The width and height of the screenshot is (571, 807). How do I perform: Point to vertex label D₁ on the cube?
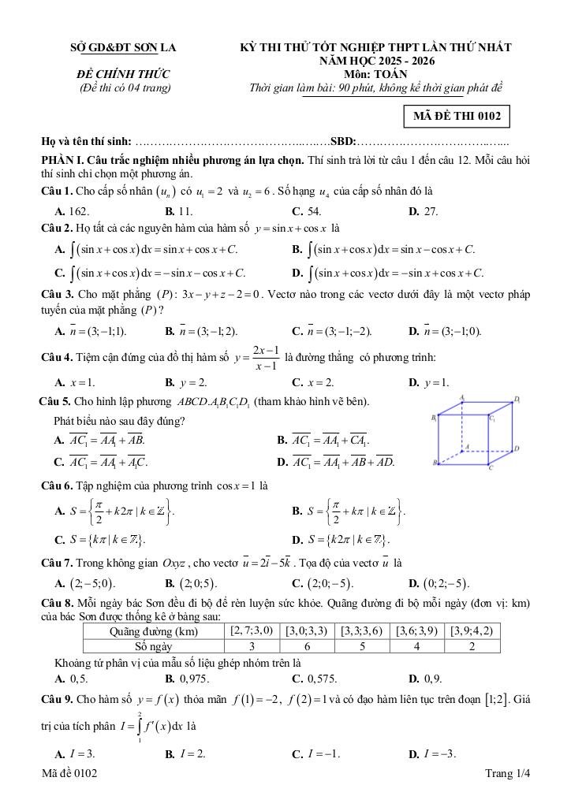click(517, 400)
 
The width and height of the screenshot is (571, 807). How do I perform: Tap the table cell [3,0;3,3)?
click(307, 630)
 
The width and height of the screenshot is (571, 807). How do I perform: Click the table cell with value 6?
click(307, 646)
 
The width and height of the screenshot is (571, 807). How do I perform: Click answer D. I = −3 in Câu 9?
click(428, 754)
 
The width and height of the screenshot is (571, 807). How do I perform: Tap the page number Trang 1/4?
click(509, 775)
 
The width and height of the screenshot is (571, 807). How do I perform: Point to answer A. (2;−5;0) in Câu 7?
click(84, 584)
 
